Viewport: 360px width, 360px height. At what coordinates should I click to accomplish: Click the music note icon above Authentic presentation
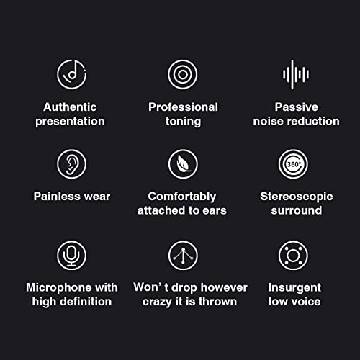(x=71, y=74)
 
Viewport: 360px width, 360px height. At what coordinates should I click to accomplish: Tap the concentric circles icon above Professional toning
(x=183, y=74)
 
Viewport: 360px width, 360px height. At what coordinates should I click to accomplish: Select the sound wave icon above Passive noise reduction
(x=295, y=74)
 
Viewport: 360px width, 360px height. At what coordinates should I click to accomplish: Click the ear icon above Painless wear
(x=71, y=164)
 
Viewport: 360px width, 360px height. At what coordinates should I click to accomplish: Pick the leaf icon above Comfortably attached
(x=183, y=164)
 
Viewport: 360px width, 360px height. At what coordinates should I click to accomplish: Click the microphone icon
(x=71, y=255)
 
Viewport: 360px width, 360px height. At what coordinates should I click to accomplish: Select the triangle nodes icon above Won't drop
(x=183, y=255)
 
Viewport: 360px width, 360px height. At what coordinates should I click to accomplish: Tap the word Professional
(x=183, y=107)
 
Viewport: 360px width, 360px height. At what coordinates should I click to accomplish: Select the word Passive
(x=296, y=107)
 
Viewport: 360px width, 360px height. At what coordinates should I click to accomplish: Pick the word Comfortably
(x=183, y=196)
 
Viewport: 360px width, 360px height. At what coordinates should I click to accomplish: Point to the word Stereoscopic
(x=295, y=196)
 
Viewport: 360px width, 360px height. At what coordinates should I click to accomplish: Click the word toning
(x=183, y=122)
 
